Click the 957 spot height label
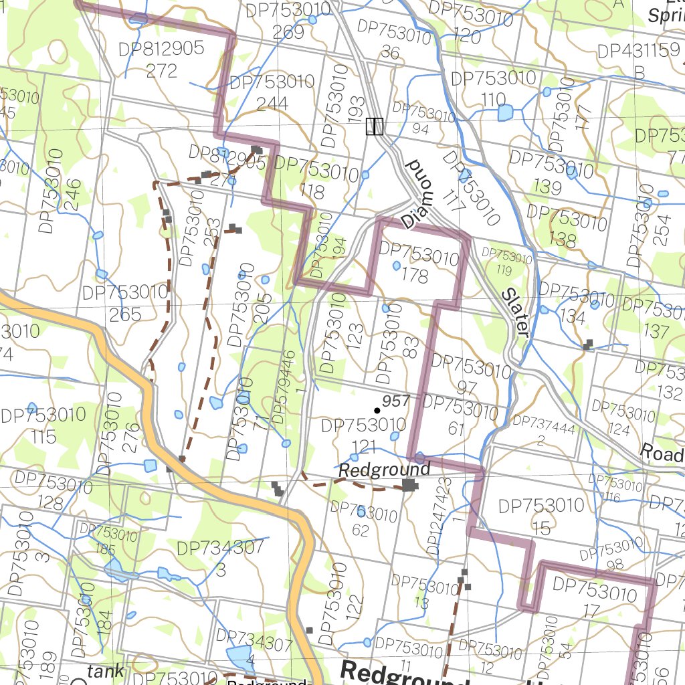(395, 400)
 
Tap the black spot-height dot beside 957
(377, 409)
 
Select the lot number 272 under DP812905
(161, 70)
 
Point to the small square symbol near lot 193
(375, 126)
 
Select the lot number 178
(415, 276)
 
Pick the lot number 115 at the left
(43, 437)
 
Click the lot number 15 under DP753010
(541, 528)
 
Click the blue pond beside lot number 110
(504, 112)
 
